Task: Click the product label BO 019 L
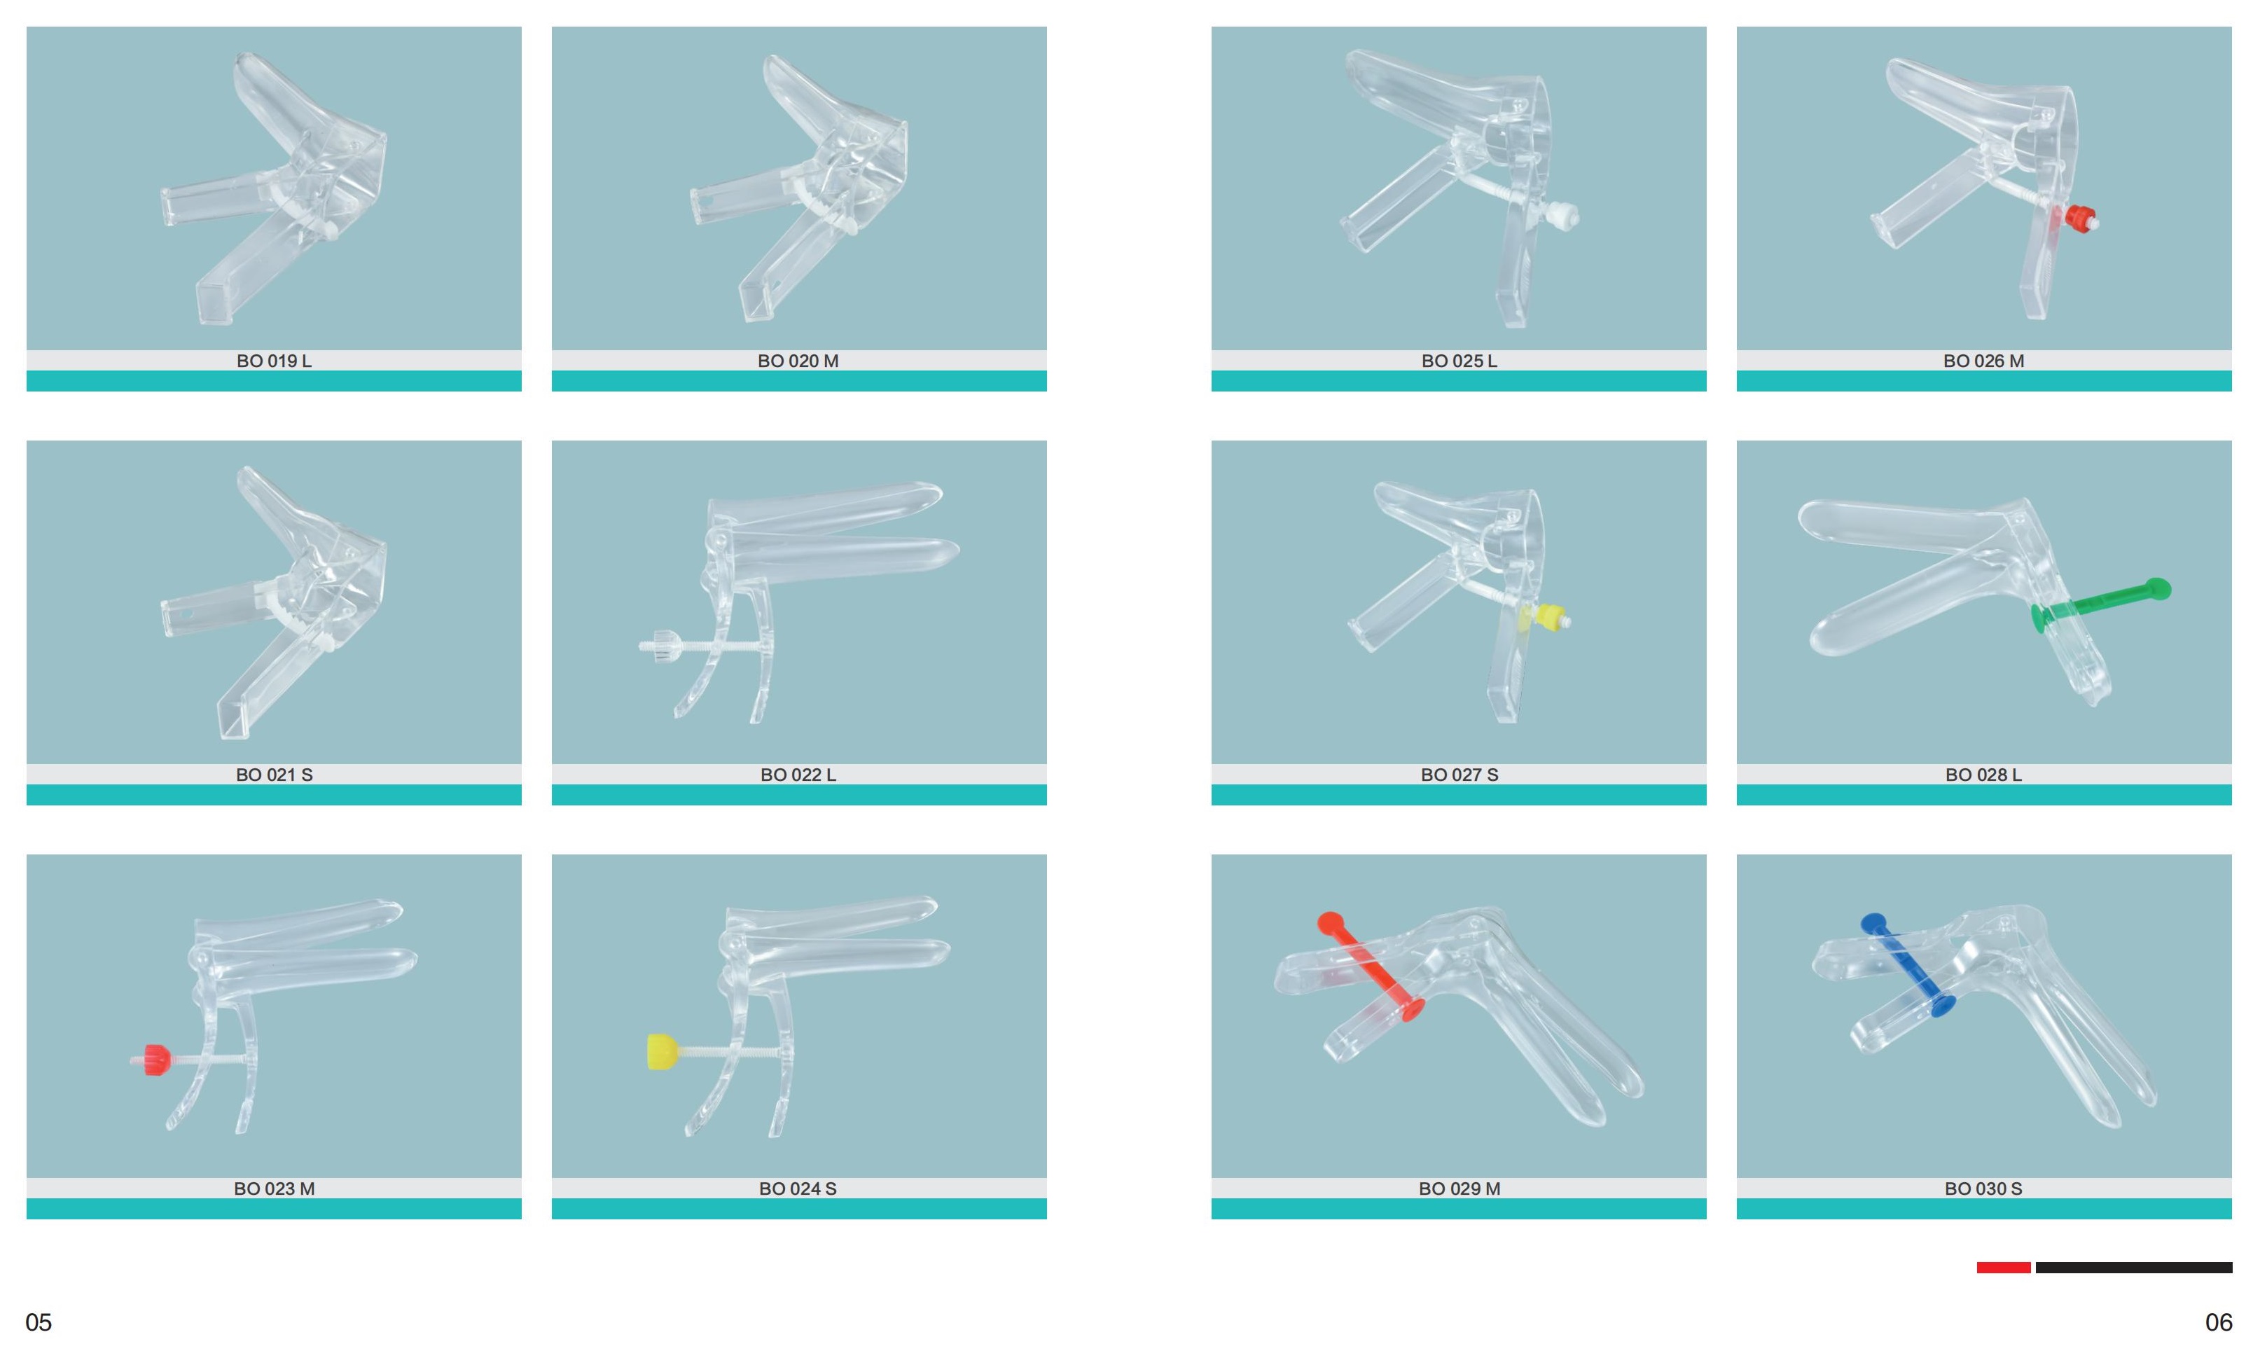(x=275, y=361)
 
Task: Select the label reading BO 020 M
(x=798, y=361)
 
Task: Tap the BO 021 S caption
(x=275, y=775)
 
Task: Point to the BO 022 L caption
(x=798, y=775)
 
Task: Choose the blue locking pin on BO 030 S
(x=1908, y=964)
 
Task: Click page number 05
(x=39, y=1322)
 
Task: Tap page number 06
(x=2218, y=1322)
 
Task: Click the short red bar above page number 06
(x=2004, y=1267)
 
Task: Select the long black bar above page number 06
(x=2134, y=1267)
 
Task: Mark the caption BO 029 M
(x=1460, y=1189)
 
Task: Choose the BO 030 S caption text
(x=1983, y=1189)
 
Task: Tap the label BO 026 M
(x=1983, y=361)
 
